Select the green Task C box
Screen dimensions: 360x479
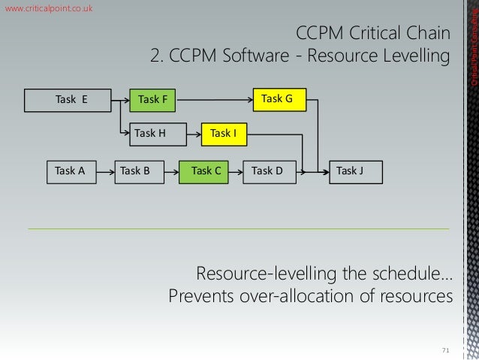pyautogui.click(x=205, y=171)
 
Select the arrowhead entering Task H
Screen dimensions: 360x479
pyautogui.click(x=128, y=134)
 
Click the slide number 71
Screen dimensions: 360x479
pyautogui.click(x=446, y=350)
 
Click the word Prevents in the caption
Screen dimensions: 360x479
pyautogui.click(x=205, y=295)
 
